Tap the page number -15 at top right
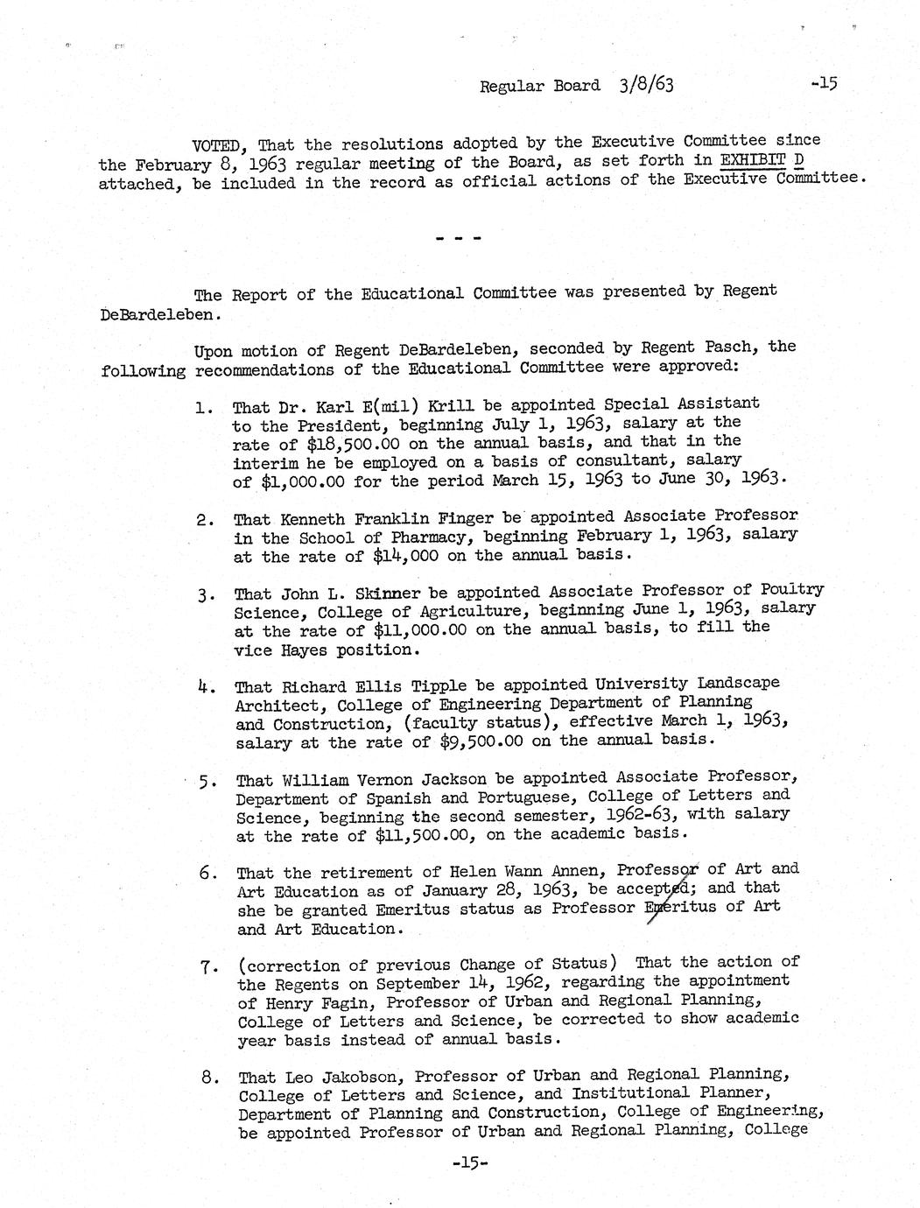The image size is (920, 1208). point(825,84)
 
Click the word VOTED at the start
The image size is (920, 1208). point(215,144)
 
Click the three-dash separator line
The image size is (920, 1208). point(458,237)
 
